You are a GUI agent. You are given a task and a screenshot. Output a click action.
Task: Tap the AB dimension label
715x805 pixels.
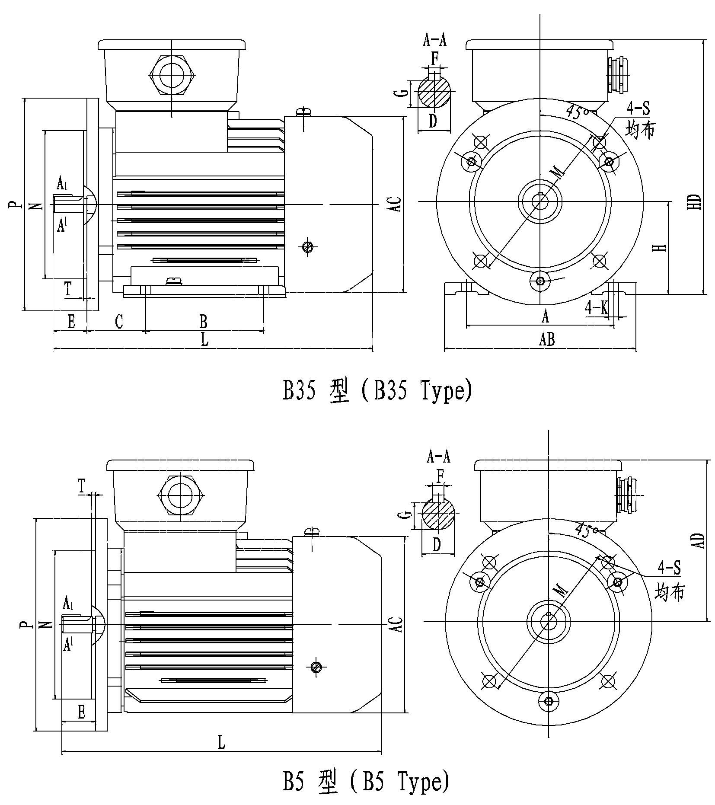[547, 339]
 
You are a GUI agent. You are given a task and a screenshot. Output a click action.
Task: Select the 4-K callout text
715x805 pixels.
[597, 307]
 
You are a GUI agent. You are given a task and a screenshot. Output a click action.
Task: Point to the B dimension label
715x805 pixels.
[203, 322]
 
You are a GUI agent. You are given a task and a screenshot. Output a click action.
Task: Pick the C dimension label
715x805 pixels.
[119, 322]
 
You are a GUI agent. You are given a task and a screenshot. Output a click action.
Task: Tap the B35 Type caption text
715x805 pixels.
[377, 391]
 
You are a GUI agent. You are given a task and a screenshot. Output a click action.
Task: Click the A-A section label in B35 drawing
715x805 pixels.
[434, 40]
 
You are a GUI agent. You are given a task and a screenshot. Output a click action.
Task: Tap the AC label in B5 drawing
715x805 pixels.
[398, 624]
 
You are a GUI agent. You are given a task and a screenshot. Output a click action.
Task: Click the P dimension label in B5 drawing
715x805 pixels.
[26, 625]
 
